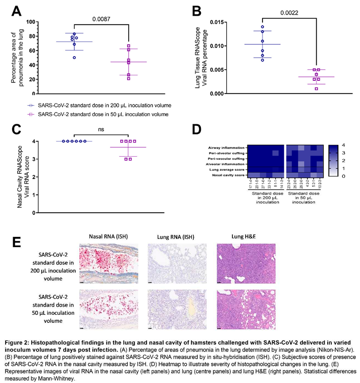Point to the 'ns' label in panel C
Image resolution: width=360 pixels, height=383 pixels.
tap(101, 129)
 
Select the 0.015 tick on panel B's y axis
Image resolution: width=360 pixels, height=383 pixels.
tap(222, 22)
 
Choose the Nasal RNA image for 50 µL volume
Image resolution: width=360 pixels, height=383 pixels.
tap(109, 309)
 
